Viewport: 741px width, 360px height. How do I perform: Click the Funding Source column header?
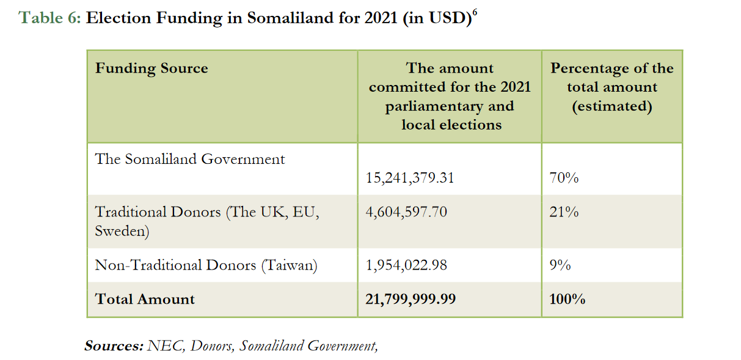click(x=151, y=68)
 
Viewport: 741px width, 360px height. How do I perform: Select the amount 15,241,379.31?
click(x=410, y=178)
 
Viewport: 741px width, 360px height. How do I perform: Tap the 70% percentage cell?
click(x=564, y=178)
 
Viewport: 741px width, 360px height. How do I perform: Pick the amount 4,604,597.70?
click(x=406, y=212)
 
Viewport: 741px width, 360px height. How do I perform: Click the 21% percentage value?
click(x=564, y=212)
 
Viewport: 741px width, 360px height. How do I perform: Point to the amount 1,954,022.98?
click(x=406, y=265)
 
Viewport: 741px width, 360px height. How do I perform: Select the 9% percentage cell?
click(x=561, y=265)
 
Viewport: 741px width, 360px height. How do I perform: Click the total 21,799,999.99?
click(x=411, y=299)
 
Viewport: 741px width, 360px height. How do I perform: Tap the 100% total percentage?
click(x=568, y=299)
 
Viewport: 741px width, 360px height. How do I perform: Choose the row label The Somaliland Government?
click(x=190, y=160)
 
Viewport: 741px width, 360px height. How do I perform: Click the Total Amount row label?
click(x=145, y=299)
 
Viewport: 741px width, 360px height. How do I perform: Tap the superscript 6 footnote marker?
click(x=475, y=12)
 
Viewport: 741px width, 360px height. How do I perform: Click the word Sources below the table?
click(x=114, y=346)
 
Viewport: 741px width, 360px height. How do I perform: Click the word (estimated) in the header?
click(x=611, y=106)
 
